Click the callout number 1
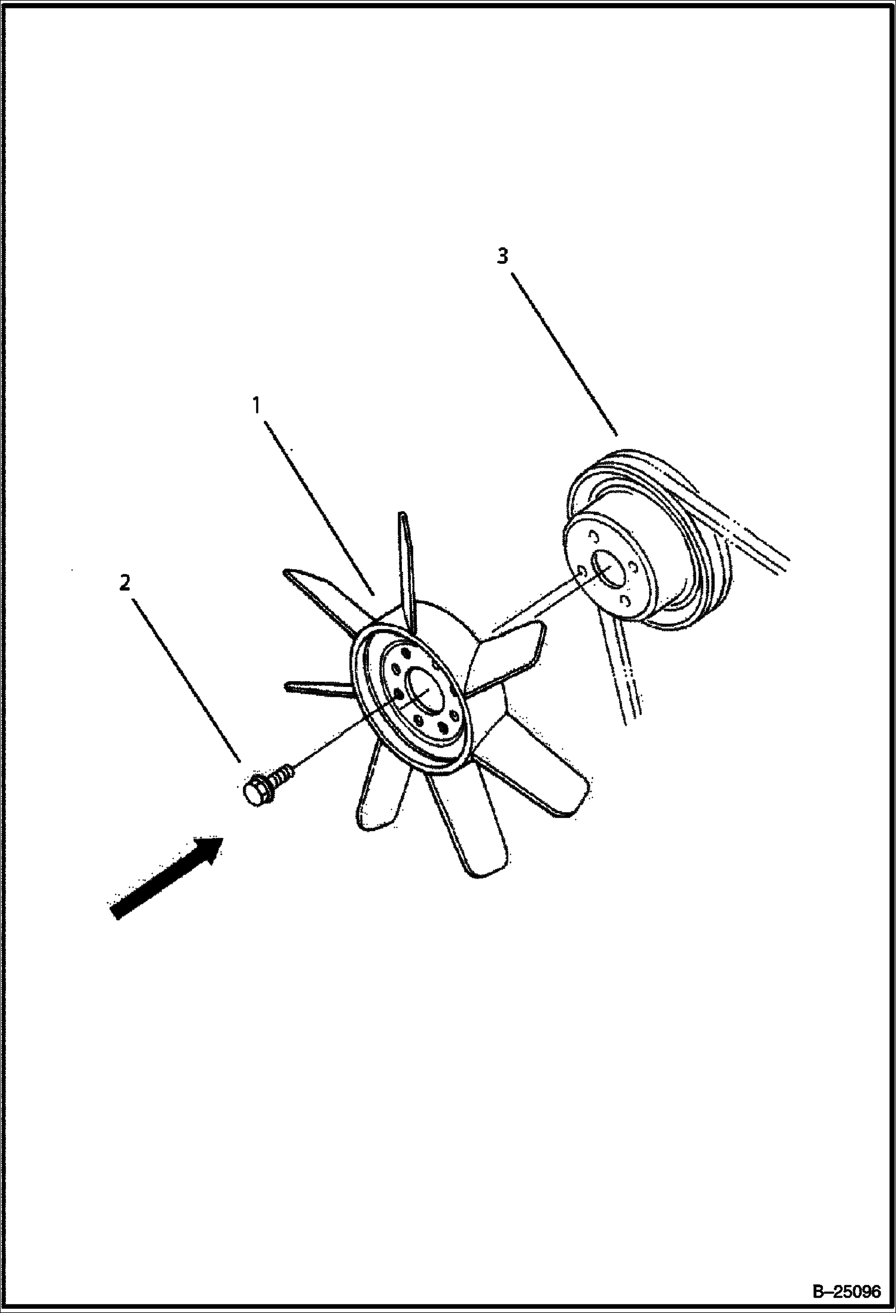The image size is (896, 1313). pyautogui.click(x=257, y=406)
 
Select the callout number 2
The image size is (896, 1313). pyautogui.click(x=124, y=582)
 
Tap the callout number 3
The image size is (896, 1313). pyautogui.click(x=502, y=256)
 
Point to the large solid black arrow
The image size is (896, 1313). pyautogui.click(x=167, y=877)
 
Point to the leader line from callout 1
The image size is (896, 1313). pyautogui.click(x=320, y=508)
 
